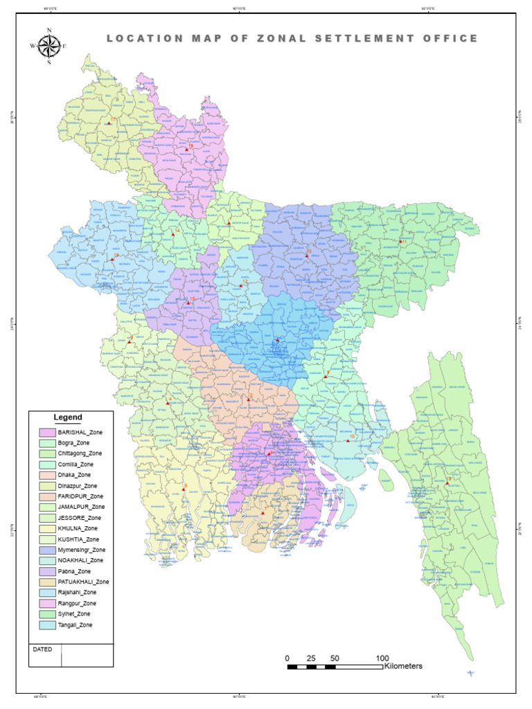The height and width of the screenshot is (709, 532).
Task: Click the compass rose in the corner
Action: [x=48, y=46]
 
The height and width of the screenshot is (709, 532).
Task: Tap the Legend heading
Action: [x=68, y=418]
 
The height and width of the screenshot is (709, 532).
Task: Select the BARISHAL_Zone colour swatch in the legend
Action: [x=47, y=432]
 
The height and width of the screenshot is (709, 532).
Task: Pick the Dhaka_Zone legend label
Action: [x=75, y=475]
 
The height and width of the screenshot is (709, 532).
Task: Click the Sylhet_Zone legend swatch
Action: [x=47, y=614]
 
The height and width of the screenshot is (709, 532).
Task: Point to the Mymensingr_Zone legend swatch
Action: [x=47, y=550]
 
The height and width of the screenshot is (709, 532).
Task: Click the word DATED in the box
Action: [x=42, y=650]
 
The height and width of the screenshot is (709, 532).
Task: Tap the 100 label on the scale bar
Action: [x=382, y=658]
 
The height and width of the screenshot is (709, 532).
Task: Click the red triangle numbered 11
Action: [x=400, y=242]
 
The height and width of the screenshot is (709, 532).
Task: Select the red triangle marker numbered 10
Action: [x=348, y=440]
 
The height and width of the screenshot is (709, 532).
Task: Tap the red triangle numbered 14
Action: [x=173, y=234]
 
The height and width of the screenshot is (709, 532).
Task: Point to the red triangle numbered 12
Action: [x=240, y=285]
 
